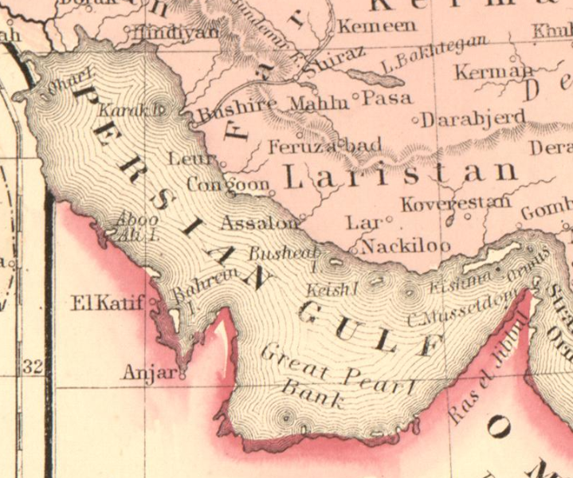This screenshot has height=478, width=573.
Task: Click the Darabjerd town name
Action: click(473, 119)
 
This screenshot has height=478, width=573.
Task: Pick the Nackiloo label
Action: click(406, 246)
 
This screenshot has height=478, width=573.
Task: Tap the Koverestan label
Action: click(455, 204)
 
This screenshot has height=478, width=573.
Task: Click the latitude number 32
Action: click(32, 367)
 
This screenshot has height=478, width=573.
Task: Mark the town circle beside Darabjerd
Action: click(415, 120)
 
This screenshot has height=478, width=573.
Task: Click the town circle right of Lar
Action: click(389, 218)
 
